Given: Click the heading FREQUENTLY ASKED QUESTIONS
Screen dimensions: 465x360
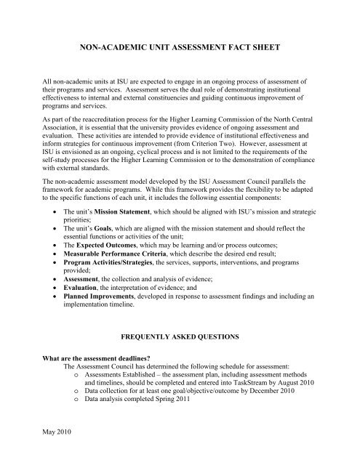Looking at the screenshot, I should [x=180, y=338].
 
